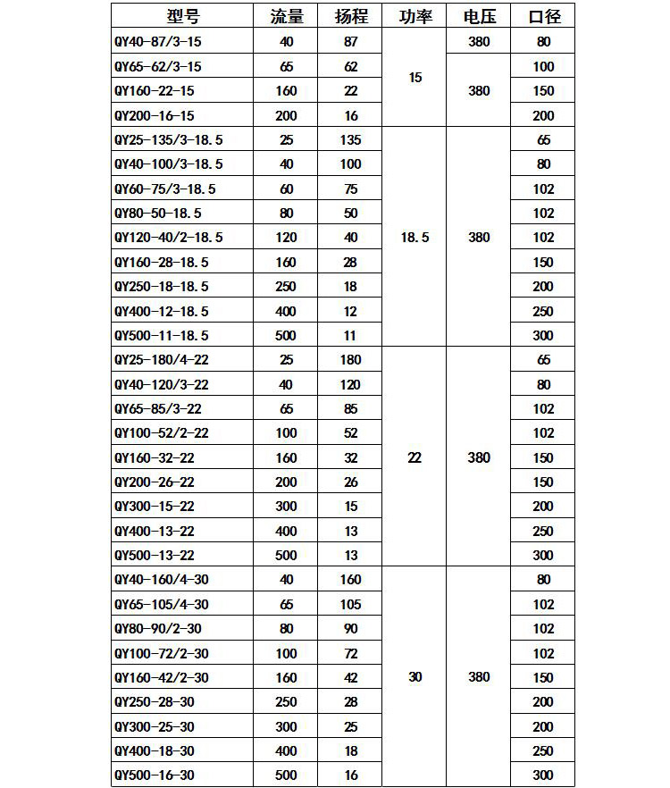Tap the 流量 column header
[287, 16]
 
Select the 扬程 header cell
[350, 16]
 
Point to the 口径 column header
[543, 16]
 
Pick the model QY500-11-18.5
[162, 336]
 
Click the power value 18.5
[415, 238]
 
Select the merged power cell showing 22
[415, 457]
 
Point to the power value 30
[415, 677]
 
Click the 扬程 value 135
[350, 140]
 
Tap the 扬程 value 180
[350, 360]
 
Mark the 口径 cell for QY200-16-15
[543, 116]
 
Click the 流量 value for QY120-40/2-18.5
[287, 238]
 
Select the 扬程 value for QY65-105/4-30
[350, 605]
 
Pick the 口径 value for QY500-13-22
[543, 556]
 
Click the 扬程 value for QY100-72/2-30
[350, 653]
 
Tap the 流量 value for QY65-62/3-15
[287, 67]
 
